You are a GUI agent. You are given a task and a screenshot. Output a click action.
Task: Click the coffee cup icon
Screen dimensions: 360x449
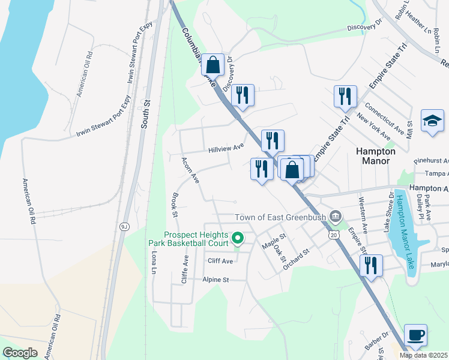click(x=415, y=335)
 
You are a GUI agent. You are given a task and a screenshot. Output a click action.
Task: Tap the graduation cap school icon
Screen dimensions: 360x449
click(x=432, y=121)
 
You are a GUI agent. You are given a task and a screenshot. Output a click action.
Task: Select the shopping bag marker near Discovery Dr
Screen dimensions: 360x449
click(x=212, y=64)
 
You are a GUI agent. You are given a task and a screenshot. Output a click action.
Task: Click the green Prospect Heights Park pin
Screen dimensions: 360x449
click(x=237, y=239)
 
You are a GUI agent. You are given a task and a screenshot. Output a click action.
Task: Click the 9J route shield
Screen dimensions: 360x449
click(x=125, y=226)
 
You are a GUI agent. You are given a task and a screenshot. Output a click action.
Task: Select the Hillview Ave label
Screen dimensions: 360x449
click(x=226, y=147)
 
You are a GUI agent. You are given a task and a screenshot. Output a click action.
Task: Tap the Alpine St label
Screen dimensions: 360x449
click(x=216, y=280)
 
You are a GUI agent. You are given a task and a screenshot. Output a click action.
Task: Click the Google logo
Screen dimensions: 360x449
click(x=20, y=352)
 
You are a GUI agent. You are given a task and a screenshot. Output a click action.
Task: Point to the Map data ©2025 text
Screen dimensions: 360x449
click(x=424, y=355)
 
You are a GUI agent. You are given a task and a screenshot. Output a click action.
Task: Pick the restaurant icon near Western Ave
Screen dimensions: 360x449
click(x=371, y=266)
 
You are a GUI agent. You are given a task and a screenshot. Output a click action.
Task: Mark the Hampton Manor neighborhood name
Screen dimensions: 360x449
click(x=376, y=156)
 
